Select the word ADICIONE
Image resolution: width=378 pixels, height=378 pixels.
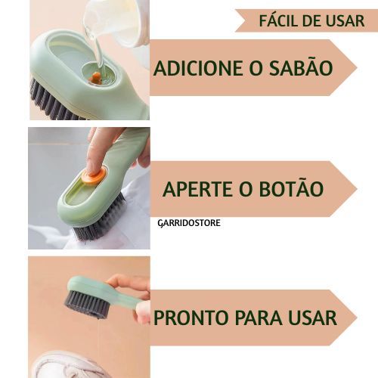198,68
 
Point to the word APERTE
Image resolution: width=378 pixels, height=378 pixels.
197,189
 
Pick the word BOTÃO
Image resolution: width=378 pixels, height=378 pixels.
291,187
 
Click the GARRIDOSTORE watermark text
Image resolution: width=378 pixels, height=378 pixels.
189,223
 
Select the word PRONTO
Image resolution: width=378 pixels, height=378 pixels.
191,318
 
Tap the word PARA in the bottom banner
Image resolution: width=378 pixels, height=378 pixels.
259,318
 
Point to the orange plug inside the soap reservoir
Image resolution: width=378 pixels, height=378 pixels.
95,78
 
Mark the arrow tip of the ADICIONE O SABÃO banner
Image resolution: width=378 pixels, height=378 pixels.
357,67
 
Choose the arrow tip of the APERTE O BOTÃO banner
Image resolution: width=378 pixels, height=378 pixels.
357,189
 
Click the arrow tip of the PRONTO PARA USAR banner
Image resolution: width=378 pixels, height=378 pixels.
357,318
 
